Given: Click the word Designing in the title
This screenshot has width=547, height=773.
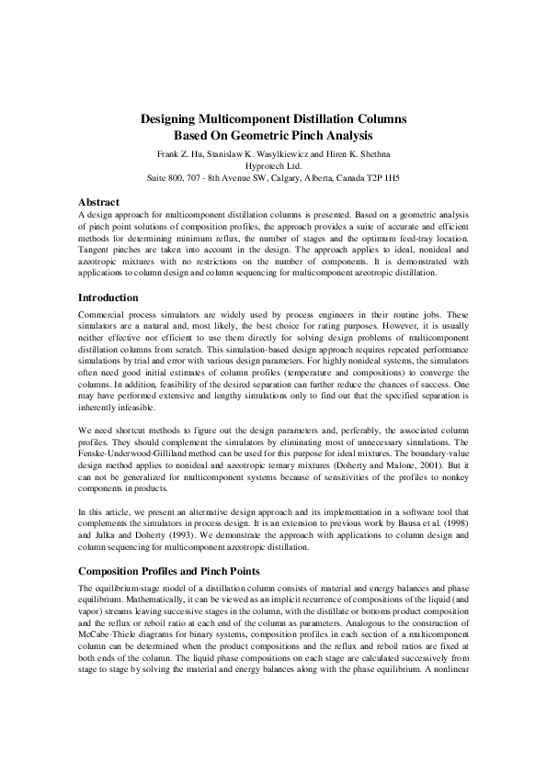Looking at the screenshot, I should point(174,119).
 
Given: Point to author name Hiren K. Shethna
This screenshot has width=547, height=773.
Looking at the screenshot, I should point(358,153).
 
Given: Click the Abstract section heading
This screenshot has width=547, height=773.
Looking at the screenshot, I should point(99,201).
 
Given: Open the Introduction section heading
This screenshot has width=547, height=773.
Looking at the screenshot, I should point(108,297).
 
